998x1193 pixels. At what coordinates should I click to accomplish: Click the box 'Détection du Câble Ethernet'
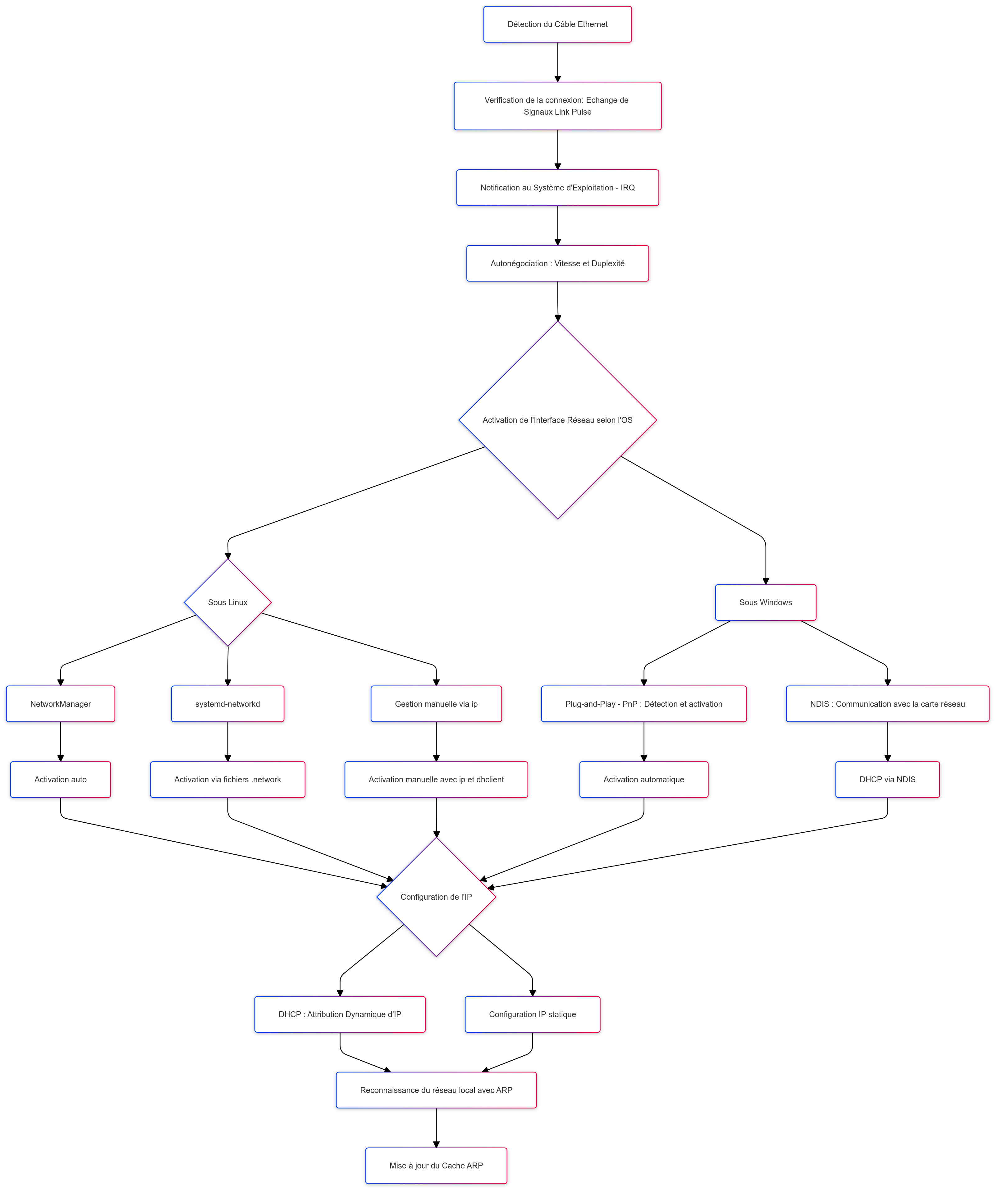point(557,25)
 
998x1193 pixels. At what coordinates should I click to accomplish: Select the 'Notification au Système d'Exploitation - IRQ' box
point(557,187)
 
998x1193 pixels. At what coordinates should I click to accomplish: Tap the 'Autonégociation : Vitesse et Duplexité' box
point(557,263)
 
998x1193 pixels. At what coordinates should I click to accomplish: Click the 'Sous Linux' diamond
point(228,602)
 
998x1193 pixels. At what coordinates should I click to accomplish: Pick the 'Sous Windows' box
point(765,602)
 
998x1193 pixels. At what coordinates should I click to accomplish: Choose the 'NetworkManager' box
point(61,704)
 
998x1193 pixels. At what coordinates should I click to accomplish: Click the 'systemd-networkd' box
point(228,704)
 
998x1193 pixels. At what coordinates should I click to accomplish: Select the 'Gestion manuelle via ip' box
point(436,704)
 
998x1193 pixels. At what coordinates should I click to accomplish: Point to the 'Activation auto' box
point(61,779)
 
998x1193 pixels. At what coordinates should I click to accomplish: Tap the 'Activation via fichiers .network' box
point(228,779)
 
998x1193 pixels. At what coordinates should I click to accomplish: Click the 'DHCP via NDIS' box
point(887,779)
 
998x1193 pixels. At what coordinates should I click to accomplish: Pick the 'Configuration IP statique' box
point(532,1014)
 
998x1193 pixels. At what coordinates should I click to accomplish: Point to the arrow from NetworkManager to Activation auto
point(61,741)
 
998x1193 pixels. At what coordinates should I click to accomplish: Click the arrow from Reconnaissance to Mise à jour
point(436,1128)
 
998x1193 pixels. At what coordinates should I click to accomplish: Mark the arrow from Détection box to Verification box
point(557,62)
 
